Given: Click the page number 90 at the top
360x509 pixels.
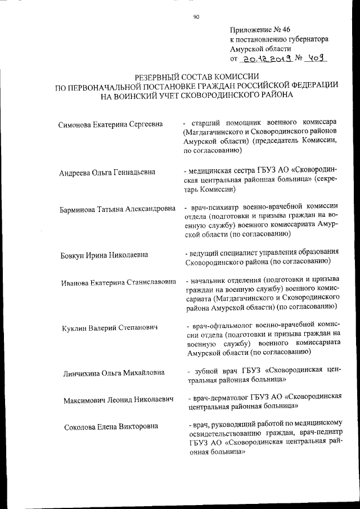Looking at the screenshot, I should (196, 17).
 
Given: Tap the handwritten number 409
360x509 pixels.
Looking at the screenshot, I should (316, 58).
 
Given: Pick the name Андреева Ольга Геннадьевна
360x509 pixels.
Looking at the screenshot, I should (107, 172).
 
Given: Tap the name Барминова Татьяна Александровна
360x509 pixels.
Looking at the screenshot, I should (116, 210).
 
